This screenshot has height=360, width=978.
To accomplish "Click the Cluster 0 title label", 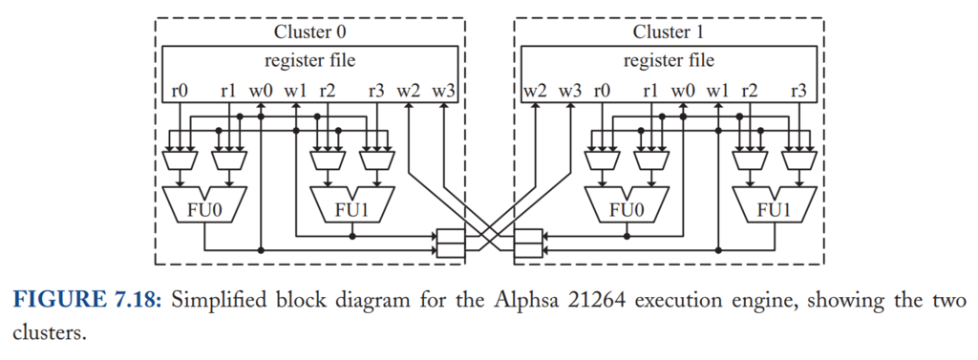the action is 310,32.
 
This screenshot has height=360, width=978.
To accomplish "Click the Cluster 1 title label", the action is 669,32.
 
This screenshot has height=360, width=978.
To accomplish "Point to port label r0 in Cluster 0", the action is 180,91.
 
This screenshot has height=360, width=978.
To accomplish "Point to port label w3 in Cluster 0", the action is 443,91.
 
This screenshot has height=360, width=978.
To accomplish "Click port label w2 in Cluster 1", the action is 535,91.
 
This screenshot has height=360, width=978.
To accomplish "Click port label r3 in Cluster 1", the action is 798,91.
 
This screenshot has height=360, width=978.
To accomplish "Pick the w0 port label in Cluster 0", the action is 261,91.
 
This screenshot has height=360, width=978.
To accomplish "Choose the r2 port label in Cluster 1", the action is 750,91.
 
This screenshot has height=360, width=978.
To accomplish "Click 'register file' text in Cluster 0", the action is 310,61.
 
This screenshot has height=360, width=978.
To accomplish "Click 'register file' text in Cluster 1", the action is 669,61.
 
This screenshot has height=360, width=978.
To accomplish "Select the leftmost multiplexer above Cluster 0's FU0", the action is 180,160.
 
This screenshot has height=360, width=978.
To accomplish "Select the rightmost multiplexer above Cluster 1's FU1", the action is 799,160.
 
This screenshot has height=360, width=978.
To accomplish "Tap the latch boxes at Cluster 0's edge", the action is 451,244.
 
